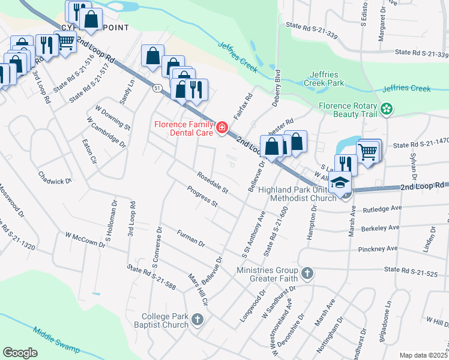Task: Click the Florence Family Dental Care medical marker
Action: (221, 127)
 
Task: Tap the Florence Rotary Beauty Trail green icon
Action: (388, 109)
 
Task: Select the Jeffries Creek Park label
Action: (324, 79)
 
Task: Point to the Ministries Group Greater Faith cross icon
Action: (307, 274)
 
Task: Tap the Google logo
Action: (20, 352)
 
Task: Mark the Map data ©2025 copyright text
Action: (423, 355)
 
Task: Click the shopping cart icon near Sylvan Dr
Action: (367, 151)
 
